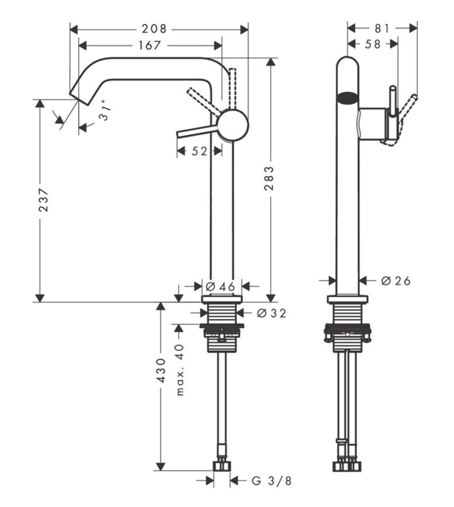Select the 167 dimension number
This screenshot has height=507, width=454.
tap(149, 46)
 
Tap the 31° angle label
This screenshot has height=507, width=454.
tap(102, 114)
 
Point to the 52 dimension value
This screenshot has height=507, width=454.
tap(199, 151)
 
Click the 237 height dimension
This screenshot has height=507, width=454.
tap(45, 200)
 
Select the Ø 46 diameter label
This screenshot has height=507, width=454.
tap(216, 286)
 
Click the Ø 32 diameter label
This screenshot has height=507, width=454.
tap(270, 313)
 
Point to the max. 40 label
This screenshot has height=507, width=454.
tap(180, 369)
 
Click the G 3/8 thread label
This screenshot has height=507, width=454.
tap(269, 480)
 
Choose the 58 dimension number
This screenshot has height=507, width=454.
tap(373, 45)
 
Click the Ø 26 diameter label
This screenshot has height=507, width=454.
tap(397, 281)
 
